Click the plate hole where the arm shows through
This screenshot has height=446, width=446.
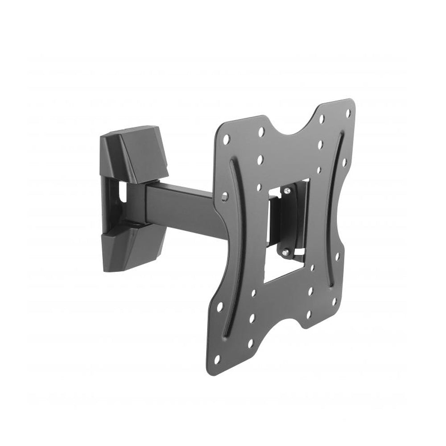(x=224, y=195)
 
